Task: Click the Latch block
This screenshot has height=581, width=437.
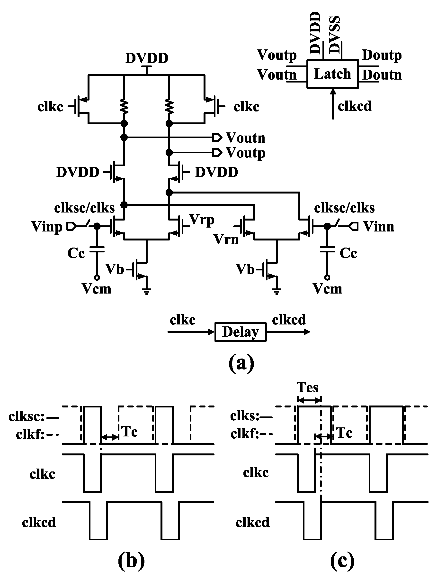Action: [x=332, y=74]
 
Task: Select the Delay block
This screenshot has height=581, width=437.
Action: [x=241, y=332]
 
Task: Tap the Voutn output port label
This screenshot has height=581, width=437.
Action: [x=245, y=137]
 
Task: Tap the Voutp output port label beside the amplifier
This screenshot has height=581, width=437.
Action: [x=245, y=153]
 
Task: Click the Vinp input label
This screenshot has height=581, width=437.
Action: [x=47, y=226]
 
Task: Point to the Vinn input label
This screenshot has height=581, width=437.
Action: [x=378, y=226]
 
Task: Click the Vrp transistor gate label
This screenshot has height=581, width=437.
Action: [x=202, y=220]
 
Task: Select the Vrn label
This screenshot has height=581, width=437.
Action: [x=226, y=239]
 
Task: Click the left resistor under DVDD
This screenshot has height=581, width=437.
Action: [x=124, y=106]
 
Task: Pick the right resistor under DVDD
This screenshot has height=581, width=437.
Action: [x=169, y=106]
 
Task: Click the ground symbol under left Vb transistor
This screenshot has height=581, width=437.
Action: [x=146, y=291]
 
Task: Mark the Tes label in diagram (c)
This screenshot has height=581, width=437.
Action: [x=307, y=387]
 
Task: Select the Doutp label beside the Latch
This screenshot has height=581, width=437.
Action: [x=382, y=55]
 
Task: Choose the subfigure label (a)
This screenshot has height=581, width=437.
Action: [x=241, y=363]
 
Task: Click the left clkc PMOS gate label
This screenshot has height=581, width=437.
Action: [x=50, y=107]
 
